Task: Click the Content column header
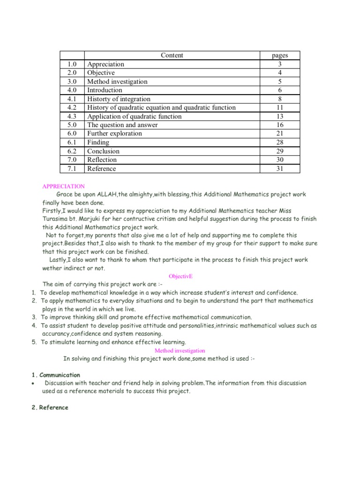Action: pyautogui.click(x=172, y=55)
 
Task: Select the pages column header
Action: pyautogui.click(x=280, y=55)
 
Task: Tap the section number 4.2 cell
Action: pyautogui.click(x=72, y=107)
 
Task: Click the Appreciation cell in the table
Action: pyautogui.click(x=106, y=64)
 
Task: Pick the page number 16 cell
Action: pyautogui.click(x=280, y=125)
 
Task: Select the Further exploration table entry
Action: pyautogui.click(x=114, y=134)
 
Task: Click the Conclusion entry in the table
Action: pyautogui.click(x=104, y=151)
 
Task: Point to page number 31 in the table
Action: pyautogui.click(x=280, y=169)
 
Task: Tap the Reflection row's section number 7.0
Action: pyautogui.click(x=72, y=160)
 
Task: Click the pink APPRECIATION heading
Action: pyautogui.click(x=64, y=186)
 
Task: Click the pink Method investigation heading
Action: pyautogui.click(x=180, y=350)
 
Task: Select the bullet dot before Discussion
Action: pyautogui.click(x=33, y=383)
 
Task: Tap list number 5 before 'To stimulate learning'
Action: pyautogui.click(x=34, y=342)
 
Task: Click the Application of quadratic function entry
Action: pyautogui.click(x=134, y=116)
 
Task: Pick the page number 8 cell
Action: pyautogui.click(x=280, y=99)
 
